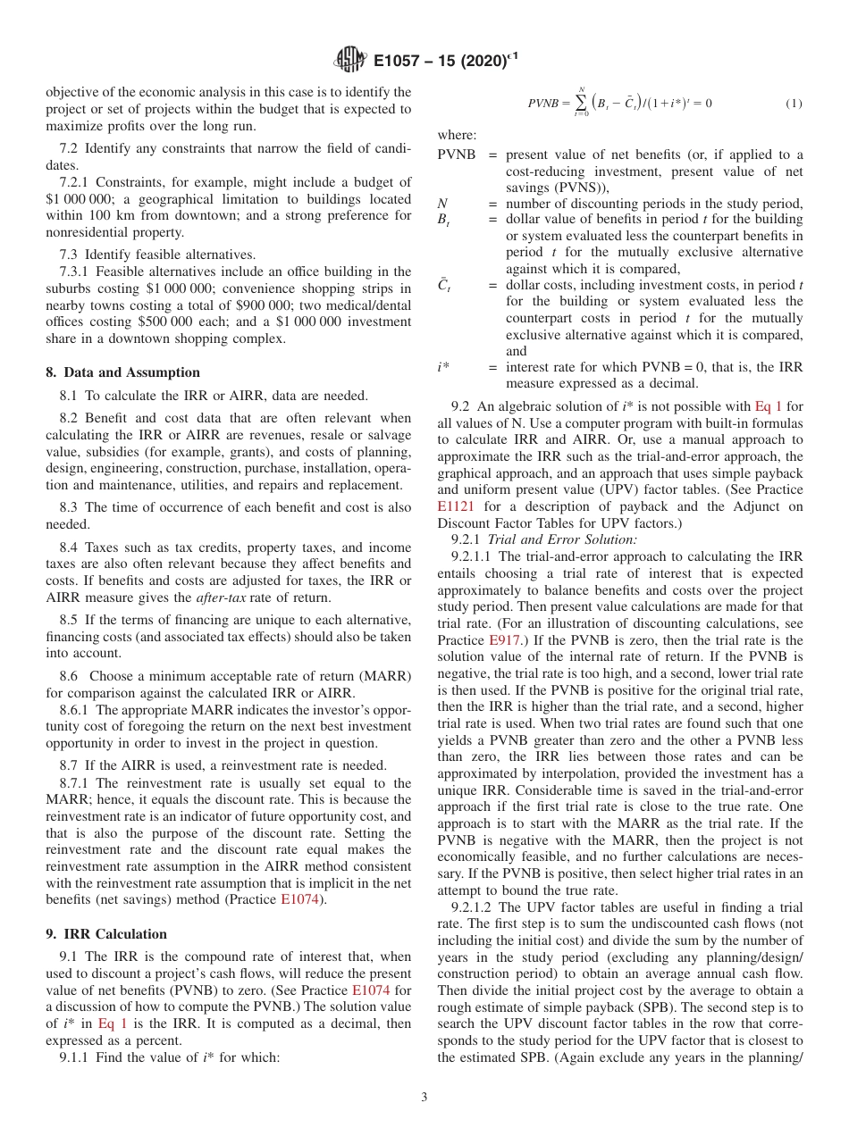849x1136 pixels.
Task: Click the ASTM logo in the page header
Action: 349,60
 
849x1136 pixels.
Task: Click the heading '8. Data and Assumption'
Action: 123,372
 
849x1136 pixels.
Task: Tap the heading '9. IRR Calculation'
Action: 106,934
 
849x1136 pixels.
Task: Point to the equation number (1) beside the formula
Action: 794,104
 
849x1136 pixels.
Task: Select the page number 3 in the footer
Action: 424,1097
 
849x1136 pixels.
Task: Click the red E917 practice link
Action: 505,640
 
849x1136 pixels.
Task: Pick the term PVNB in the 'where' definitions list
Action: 457,155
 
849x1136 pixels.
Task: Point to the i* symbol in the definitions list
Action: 443,367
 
